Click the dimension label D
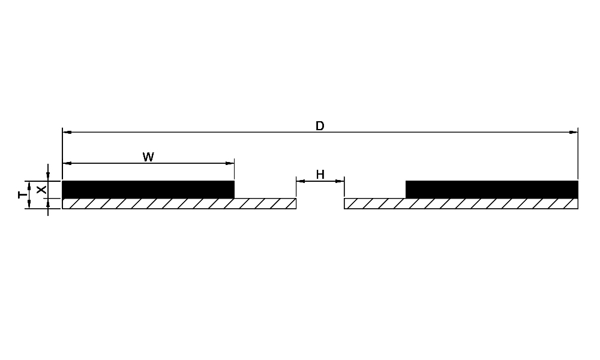320,126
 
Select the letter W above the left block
148,157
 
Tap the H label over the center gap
320,175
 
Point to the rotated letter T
23,195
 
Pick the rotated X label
41,190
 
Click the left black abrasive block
148,190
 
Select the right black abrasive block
492,190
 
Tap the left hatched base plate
179,203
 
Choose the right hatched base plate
461,203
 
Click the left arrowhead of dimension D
67,133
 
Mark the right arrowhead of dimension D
574,133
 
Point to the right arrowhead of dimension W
230,163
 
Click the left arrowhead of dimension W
67,163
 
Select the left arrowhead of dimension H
301,181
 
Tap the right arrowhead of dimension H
340,181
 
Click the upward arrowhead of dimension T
29,186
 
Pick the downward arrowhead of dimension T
29,204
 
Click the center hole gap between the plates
320,203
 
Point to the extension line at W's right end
234,169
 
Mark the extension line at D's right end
578,154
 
